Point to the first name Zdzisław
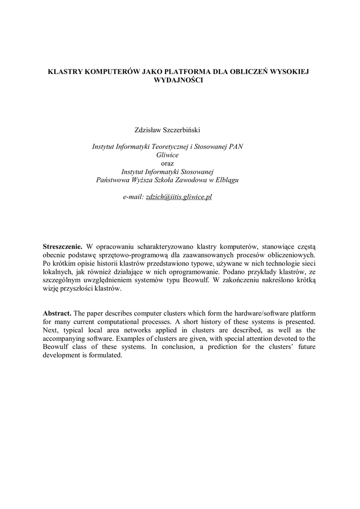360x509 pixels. (149, 130)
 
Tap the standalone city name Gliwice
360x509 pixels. (168, 155)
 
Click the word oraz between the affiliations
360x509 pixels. (168, 163)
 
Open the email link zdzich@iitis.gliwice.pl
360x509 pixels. (179, 197)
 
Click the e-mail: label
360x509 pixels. (133, 197)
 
